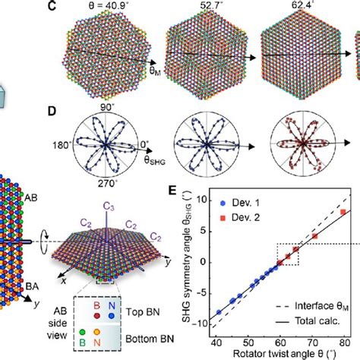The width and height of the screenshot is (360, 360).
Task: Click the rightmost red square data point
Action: click(343, 212)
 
